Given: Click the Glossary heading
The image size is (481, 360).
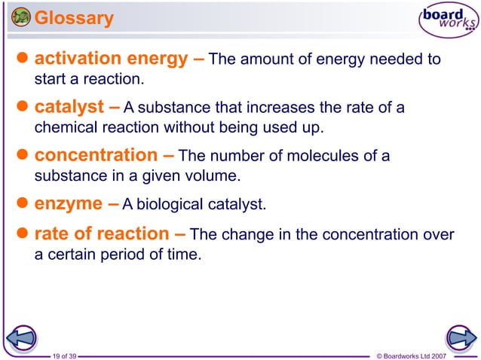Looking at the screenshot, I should pyautogui.click(x=75, y=17).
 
